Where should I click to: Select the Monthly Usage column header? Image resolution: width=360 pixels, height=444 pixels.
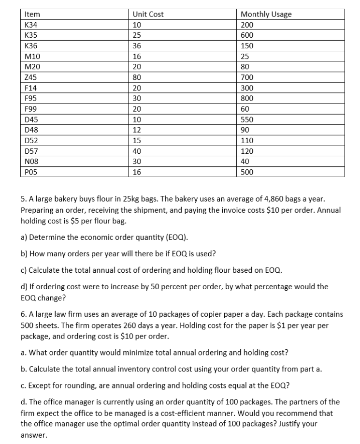(266, 15)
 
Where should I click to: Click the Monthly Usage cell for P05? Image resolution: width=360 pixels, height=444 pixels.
(247, 172)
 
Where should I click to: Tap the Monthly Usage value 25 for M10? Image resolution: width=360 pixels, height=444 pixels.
(245, 57)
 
